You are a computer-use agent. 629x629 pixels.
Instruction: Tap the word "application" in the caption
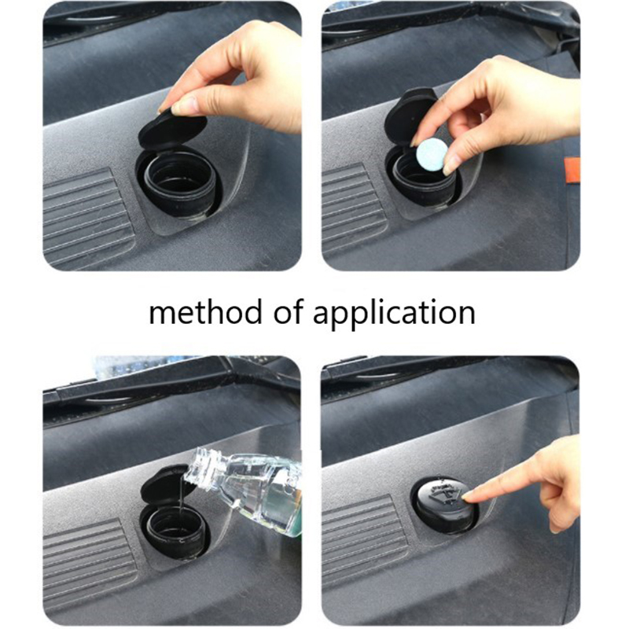(x=394, y=314)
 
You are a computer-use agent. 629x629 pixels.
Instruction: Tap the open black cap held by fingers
(x=173, y=130)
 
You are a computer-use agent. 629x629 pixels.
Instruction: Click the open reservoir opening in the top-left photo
(x=179, y=181)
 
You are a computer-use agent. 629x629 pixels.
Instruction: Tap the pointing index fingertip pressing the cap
(x=466, y=497)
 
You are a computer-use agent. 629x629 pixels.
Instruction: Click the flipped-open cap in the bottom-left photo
(x=164, y=485)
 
